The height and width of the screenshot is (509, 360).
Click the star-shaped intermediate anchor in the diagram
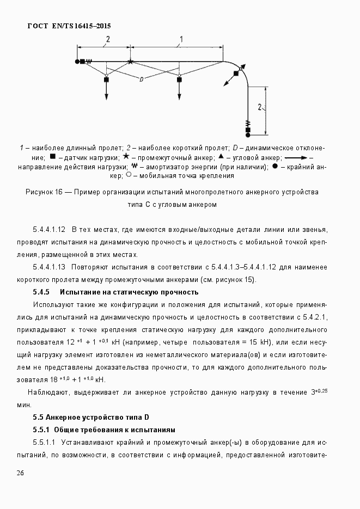(130, 62)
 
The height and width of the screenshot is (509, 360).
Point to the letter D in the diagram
(141, 79)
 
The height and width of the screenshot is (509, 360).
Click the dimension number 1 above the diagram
(181, 39)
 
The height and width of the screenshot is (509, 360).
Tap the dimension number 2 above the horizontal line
(108, 39)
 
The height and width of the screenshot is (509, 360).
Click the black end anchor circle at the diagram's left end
(78, 62)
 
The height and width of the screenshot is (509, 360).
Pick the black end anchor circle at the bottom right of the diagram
(248, 134)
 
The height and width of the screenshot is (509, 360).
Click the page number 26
(20, 473)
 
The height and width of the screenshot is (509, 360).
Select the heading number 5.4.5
(42, 292)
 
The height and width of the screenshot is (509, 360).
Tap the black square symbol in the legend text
(52, 157)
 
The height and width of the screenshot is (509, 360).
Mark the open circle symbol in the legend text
(129, 175)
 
